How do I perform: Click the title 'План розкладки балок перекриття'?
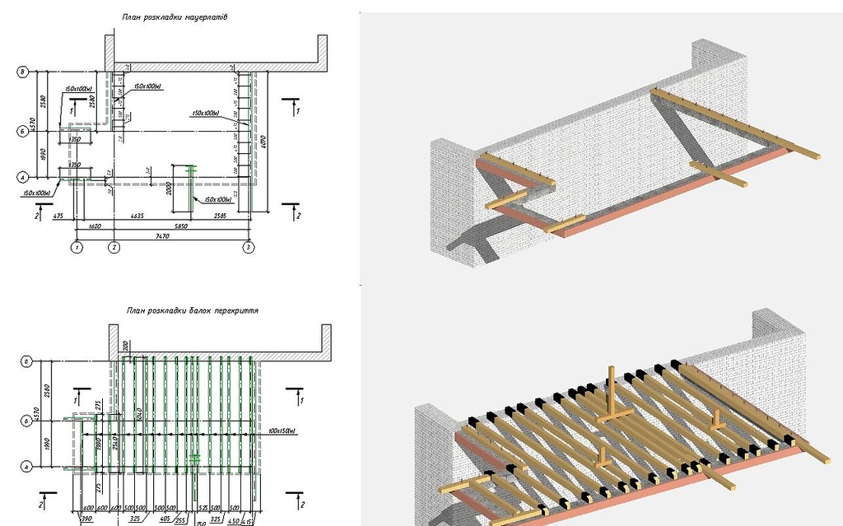pos(193,311)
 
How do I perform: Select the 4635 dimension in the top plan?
pos(138,216)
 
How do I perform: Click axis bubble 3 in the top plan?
pos(248,247)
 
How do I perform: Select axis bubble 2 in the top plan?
pos(114,247)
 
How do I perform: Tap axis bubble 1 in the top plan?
pos(77,247)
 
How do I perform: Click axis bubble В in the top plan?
pos(22,72)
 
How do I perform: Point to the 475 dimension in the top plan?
pos(58,216)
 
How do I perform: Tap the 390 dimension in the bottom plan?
pos(86,520)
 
